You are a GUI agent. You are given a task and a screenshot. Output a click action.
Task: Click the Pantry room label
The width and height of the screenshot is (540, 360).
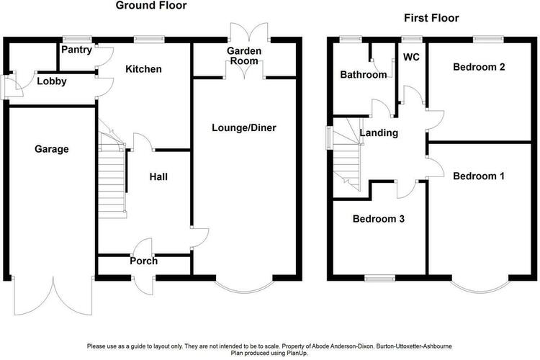coord(76,50)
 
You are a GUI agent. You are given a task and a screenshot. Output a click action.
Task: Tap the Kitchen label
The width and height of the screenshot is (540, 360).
coord(143,69)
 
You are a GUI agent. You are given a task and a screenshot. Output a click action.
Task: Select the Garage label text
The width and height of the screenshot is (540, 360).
coord(52,149)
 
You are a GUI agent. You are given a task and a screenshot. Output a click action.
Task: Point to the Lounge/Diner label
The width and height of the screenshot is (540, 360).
coord(244,128)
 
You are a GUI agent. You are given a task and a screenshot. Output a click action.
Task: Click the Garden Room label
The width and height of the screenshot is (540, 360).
coord(244,56)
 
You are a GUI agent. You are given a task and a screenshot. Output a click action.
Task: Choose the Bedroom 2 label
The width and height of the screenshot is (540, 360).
coord(479,67)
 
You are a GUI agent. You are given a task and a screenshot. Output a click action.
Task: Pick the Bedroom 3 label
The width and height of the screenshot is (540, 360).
coord(379,219)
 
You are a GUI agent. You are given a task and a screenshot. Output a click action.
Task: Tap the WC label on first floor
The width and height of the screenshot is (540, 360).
coord(412,57)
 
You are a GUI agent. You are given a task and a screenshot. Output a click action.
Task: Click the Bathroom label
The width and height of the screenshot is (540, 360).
coord(364,74)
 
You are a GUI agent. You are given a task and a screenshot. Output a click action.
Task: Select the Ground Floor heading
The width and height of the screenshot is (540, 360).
coord(151,5)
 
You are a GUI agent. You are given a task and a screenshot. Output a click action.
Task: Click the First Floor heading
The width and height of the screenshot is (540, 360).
coord(431,18)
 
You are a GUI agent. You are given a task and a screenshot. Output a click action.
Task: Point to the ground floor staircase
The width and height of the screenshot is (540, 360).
coord(112,168)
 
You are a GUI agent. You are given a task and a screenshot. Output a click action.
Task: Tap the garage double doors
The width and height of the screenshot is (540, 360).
coord(53,296)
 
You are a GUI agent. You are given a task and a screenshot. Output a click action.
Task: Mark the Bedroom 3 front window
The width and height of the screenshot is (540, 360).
coord(380,278)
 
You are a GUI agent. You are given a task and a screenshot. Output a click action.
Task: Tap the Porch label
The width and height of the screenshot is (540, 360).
coord(143,261)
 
